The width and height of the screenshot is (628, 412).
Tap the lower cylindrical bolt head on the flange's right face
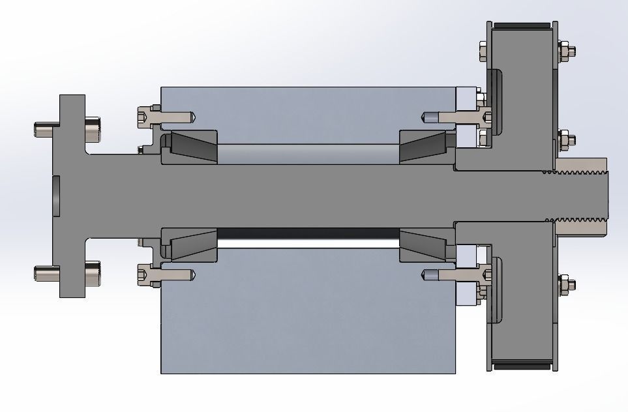[93, 272]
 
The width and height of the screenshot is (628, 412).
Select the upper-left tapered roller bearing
[193, 146]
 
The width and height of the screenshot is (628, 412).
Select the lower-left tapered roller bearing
[193, 245]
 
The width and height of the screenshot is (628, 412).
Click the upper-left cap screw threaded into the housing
[166, 117]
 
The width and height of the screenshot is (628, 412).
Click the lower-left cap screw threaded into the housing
[166, 275]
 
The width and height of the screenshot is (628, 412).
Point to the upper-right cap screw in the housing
[456, 117]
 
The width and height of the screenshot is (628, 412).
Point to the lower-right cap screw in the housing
[456, 275]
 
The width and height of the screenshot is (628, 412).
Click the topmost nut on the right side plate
[566, 50]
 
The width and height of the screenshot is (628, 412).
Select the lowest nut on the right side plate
[566, 284]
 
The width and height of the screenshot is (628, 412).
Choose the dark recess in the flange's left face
[57, 196]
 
